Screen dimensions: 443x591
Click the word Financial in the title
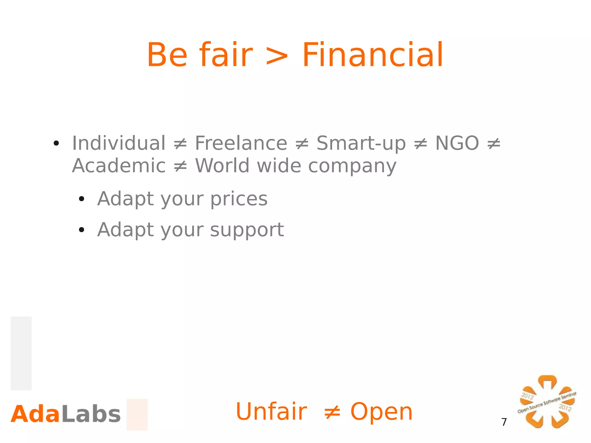pos(372,55)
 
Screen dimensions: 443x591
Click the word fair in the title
pos(226,55)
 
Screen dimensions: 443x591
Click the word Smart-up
pos(361,143)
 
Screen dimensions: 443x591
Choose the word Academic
pos(119,166)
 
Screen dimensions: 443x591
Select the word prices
pos(239,199)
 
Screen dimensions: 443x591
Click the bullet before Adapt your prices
pos(81,199)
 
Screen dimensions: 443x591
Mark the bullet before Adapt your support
pos(81,230)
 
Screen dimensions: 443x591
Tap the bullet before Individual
pos(56,143)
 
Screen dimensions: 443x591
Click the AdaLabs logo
pos(66,414)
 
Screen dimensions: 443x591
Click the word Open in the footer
pos(381,412)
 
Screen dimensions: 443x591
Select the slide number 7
pos(504,422)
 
